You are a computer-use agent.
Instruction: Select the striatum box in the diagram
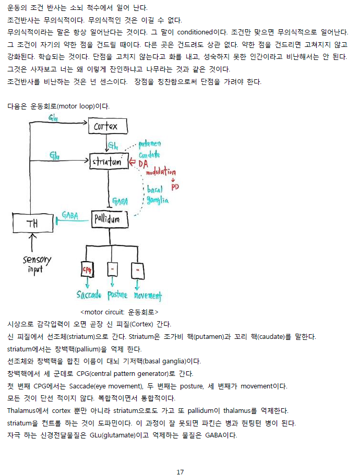109,162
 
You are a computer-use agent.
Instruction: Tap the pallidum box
110,219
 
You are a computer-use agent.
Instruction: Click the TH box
33,224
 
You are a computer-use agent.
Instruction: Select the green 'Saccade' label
89,295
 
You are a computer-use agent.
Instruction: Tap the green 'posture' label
117,295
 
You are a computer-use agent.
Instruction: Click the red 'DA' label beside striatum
142,163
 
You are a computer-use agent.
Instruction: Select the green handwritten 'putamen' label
150,143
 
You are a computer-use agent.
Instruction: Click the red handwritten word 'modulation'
161,172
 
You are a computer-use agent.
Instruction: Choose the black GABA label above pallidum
120,201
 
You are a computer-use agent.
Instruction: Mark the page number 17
180,457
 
